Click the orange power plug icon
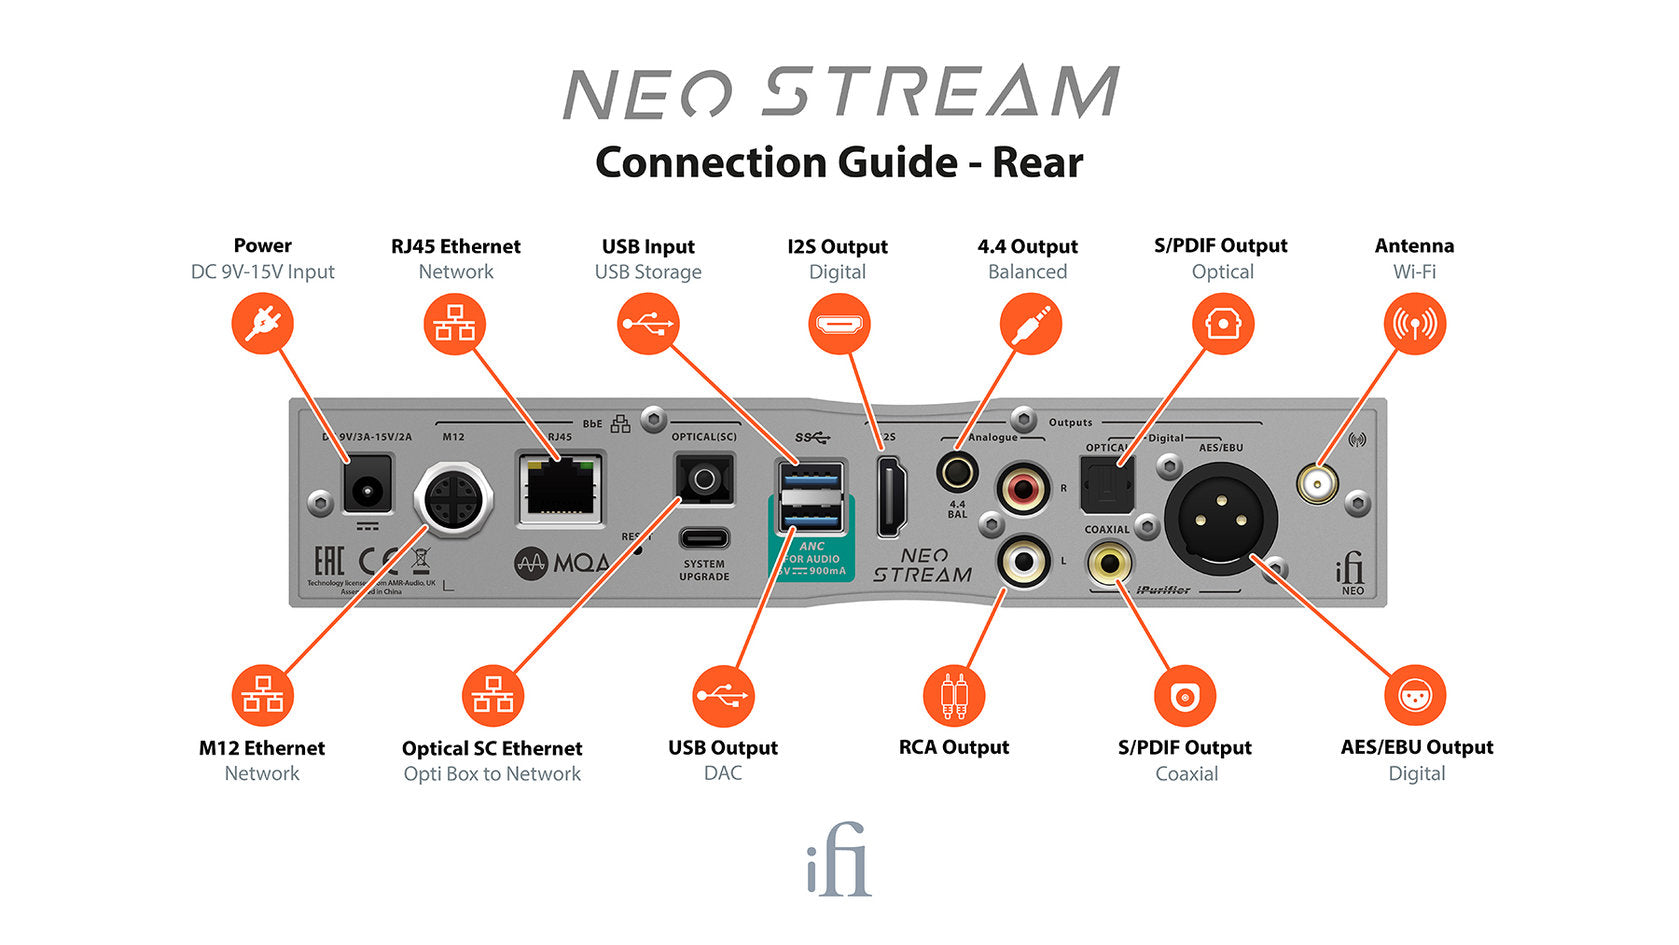pos(262,323)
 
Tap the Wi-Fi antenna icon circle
pos(1414,323)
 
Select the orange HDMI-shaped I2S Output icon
pos(838,323)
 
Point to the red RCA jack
pos(1023,489)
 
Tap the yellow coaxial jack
pos(1109,562)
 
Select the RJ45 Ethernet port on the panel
pos(560,487)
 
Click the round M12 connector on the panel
pos(453,497)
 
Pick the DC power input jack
pos(366,489)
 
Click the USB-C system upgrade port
pos(704,538)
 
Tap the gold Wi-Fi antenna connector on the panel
pos(1317,484)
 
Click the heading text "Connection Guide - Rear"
pos(839,162)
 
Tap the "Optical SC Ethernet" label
pos(491,748)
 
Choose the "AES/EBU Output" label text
pos(1416,747)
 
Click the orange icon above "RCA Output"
pos(954,696)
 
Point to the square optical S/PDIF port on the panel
pos(1107,484)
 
